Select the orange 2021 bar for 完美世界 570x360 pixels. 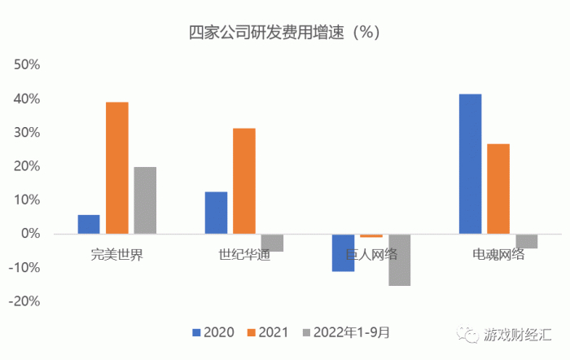[x=117, y=168]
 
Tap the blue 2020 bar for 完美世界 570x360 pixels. [x=89, y=224]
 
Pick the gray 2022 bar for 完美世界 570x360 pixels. [x=145, y=200]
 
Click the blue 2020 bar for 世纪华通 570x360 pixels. [x=216, y=213]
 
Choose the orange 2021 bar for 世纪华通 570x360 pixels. [x=244, y=181]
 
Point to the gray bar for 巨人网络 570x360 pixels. [x=399, y=260]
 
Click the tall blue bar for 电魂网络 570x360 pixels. [x=470, y=164]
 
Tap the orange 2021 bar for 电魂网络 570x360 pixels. [x=498, y=189]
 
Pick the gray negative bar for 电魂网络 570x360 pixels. [x=526, y=241]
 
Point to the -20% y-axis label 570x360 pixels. [x=25, y=301]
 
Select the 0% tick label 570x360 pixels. [x=31, y=234]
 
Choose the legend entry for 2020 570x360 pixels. [x=213, y=332]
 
